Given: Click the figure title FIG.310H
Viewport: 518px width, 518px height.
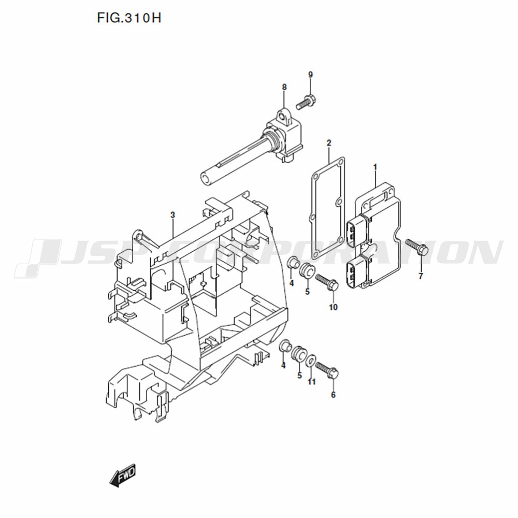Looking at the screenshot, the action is click(x=129, y=18).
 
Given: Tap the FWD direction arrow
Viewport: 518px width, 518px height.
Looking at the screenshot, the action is click(x=123, y=475).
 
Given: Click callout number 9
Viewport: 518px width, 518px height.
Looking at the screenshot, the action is click(x=310, y=75).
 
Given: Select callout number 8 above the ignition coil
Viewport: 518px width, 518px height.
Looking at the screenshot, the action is click(x=284, y=87).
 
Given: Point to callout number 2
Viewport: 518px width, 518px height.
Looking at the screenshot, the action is click(x=329, y=143).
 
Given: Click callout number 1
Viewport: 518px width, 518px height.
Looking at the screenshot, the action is click(x=375, y=167).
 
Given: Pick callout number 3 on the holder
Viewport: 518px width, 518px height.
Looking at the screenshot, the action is click(x=172, y=215).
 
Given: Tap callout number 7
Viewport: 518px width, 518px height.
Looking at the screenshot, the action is click(x=421, y=276).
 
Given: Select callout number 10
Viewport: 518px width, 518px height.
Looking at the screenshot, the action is click(x=333, y=307).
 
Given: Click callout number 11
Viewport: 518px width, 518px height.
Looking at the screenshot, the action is click(x=312, y=382).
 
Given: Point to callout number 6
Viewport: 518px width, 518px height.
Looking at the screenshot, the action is click(x=333, y=395).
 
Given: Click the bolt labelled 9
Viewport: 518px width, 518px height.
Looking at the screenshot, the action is click(x=306, y=102).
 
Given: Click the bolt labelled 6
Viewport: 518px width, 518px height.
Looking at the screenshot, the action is click(x=327, y=371).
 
